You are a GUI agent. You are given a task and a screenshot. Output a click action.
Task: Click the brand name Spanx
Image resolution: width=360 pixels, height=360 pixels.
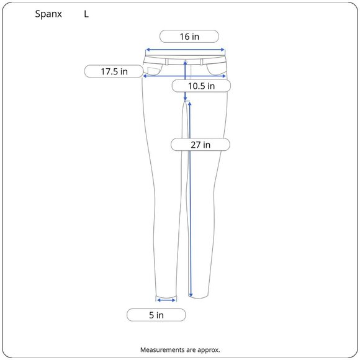[x=48, y=14]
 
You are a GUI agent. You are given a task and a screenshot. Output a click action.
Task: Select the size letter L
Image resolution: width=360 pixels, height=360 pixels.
[x=86, y=14]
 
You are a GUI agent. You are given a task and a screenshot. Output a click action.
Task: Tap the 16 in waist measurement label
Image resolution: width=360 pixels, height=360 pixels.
[x=189, y=37]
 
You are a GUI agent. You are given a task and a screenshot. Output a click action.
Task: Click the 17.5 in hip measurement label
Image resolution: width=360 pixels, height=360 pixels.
[x=114, y=71]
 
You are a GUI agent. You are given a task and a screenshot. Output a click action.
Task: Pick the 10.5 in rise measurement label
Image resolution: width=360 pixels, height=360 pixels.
[x=201, y=86]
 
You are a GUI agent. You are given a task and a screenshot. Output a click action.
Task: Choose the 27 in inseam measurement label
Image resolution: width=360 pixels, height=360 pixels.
[x=200, y=145]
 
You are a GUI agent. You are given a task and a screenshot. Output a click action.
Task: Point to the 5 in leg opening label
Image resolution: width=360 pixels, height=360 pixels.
[x=156, y=315]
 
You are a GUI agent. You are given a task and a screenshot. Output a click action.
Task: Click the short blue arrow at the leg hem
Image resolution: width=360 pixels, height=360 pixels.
[x=166, y=300]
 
